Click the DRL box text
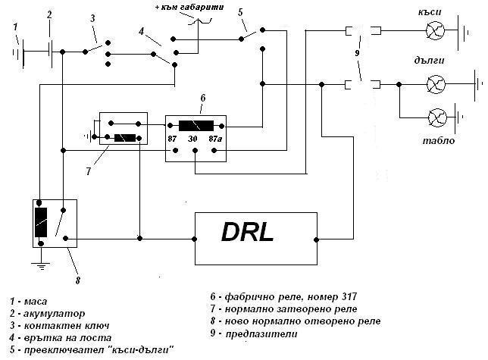point(248,233)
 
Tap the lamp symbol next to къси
point(435,30)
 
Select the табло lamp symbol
point(437,117)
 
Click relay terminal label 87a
point(215,139)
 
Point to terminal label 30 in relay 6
point(192,139)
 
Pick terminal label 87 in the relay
point(172,139)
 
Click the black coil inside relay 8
point(41,222)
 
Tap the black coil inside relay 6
point(196,126)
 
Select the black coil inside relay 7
point(125,138)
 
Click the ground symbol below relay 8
point(40,266)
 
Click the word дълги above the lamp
point(429,60)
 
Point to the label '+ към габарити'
point(189,7)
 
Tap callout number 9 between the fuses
point(357,53)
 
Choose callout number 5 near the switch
point(240,12)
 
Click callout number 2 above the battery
point(49,14)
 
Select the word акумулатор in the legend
point(54,314)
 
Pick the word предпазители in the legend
point(261,334)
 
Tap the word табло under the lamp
point(439,141)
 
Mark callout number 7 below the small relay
point(89,171)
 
